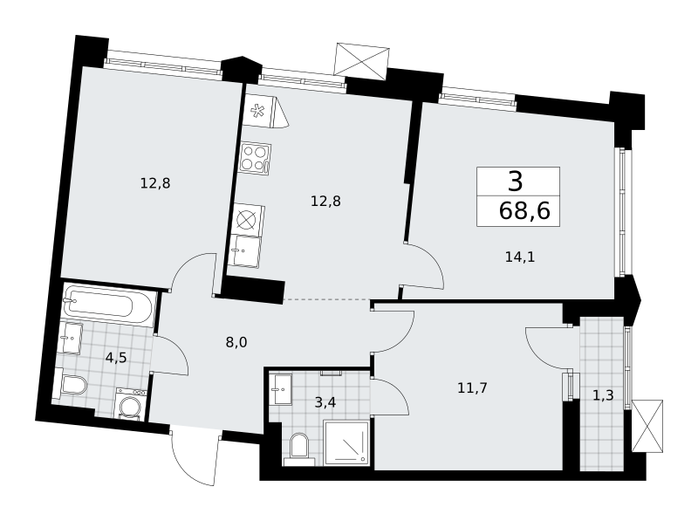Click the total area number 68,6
tap(524, 211)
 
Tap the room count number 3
tap(515, 182)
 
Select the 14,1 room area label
tap(520, 257)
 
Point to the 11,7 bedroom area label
tap(472, 387)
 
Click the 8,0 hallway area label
tap(236, 342)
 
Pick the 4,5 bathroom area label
tap(116, 358)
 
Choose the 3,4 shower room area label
tap(325, 402)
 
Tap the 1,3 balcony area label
tap(603, 394)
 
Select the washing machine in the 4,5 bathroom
tap(129, 404)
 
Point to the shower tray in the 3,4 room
tap(346, 442)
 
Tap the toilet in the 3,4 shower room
tap(299, 448)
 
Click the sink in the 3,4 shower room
tap(282, 389)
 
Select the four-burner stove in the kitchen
tap(255, 159)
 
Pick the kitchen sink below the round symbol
tap(245, 250)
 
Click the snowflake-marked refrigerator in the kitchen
tap(265, 112)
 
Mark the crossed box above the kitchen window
tap(362, 61)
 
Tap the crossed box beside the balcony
tap(647, 426)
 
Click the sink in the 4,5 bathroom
tap(70, 338)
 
